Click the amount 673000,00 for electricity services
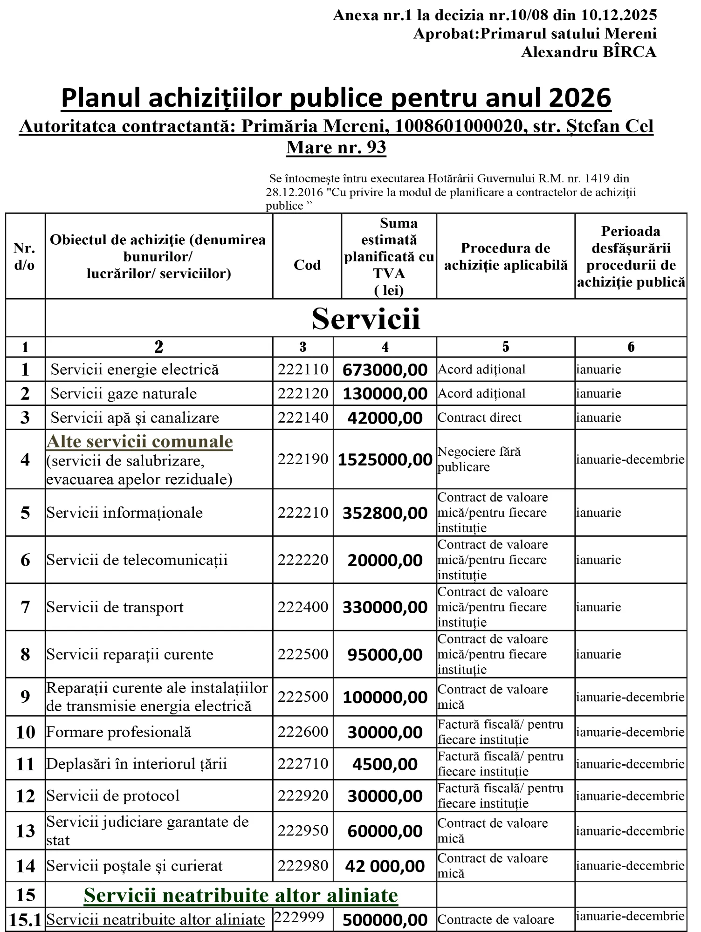pos(385,370)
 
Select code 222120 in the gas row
pos(303,394)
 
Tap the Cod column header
pos(307,265)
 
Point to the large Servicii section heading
pos(366,319)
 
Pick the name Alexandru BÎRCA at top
pos(588,52)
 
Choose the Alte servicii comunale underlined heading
pos(140,441)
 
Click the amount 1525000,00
pos(385,460)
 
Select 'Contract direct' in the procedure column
pos(480,418)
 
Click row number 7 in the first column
pos(25,607)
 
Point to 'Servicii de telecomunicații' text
pos(137,560)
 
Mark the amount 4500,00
pos(385,764)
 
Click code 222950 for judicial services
pos(303,830)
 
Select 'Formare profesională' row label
pos(119,732)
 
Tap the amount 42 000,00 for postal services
pos(385,866)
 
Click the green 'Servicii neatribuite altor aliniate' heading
pos(241,895)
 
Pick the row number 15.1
pos(26,920)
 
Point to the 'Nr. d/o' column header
pos(24,256)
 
